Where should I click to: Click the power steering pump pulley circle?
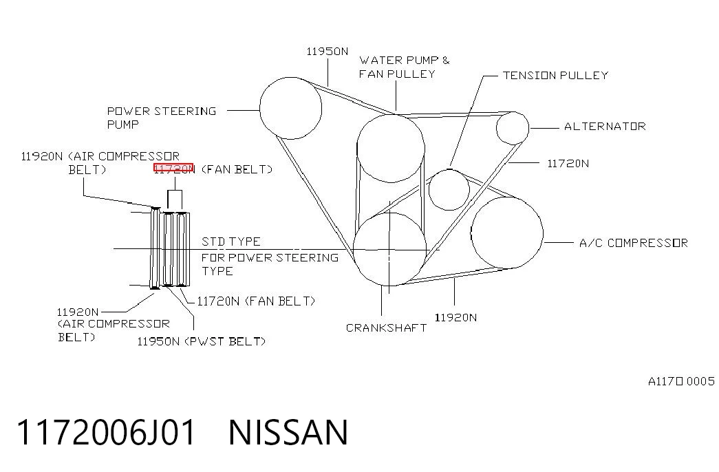pyautogui.click(x=260, y=108)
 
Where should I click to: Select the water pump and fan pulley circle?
pyautogui.click(x=357, y=148)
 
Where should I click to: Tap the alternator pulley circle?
pyautogui.click(x=497, y=128)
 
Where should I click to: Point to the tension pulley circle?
pyautogui.click(x=429, y=189)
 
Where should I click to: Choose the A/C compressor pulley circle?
pyautogui.click(x=471, y=233)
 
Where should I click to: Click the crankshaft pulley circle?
pyautogui.click(x=354, y=250)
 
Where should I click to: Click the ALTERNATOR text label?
pyautogui.click(x=605, y=126)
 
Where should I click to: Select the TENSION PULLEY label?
pyautogui.click(x=555, y=75)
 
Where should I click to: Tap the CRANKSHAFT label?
pyautogui.click(x=386, y=328)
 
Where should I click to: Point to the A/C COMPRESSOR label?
pyautogui.click(x=633, y=243)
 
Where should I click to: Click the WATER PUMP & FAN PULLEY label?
pyautogui.click(x=404, y=67)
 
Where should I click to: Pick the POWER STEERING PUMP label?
pyautogui.click(x=162, y=118)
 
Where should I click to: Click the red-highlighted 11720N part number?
pyautogui.click(x=174, y=169)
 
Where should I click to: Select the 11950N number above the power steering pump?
pyautogui.click(x=327, y=52)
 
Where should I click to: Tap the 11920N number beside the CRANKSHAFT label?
pyautogui.click(x=455, y=317)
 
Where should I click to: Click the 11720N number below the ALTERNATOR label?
pyautogui.click(x=568, y=163)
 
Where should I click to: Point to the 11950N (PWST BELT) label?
pyautogui.click(x=202, y=341)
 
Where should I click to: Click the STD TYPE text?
pyautogui.click(x=230, y=242)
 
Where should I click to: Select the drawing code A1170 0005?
pyautogui.click(x=681, y=381)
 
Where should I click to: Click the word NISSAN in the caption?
pyautogui.click(x=288, y=432)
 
